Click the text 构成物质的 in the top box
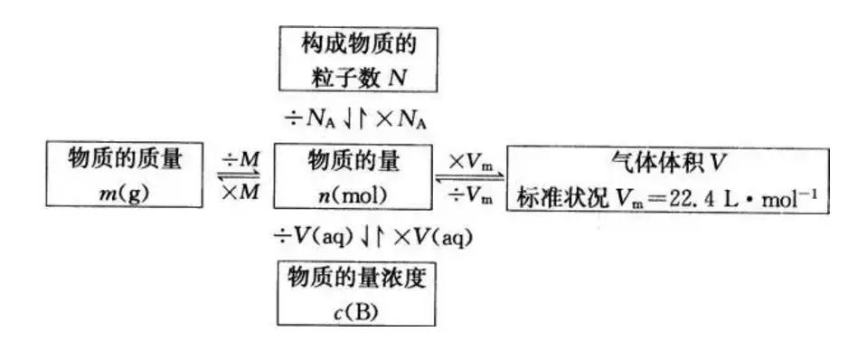[x=357, y=43]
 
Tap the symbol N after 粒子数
[x=398, y=77]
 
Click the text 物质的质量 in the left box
[x=125, y=159]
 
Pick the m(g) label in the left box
[x=125, y=192]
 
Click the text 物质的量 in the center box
[x=353, y=160]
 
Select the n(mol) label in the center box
[x=353, y=193]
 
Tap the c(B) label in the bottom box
[x=354, y=309]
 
